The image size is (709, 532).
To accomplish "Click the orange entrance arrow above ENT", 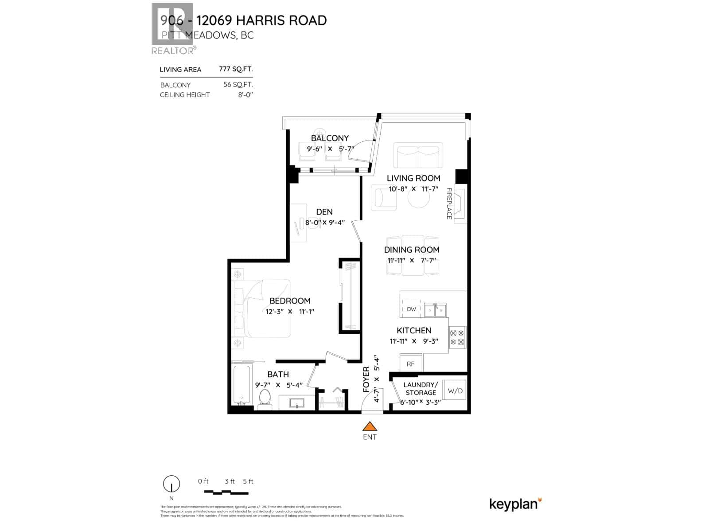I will (370, 426).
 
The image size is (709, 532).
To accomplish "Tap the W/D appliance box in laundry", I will (455, 391).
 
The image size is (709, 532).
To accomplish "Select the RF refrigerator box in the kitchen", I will (411, 364).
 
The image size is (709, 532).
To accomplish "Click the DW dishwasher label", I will (411, 309).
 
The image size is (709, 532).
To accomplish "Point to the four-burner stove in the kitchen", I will (457, 337).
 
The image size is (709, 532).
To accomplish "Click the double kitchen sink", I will (435, 310).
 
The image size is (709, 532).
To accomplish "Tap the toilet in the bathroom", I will (265, 398).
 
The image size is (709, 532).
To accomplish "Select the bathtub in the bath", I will (242, 385).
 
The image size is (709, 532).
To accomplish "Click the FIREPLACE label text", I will (449, 203).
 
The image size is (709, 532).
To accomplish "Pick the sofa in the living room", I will (418, 156).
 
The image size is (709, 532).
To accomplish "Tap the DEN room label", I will (324, 212).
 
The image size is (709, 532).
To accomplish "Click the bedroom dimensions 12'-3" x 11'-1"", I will (290, 312).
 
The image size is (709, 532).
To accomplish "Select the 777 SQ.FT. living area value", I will (236, 69).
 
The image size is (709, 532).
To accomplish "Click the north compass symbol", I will (171, 484).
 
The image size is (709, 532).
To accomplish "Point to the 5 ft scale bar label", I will (248, 481).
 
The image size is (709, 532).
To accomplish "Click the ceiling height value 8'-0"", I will (245, 94).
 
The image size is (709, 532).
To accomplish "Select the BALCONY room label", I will (330, 138).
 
